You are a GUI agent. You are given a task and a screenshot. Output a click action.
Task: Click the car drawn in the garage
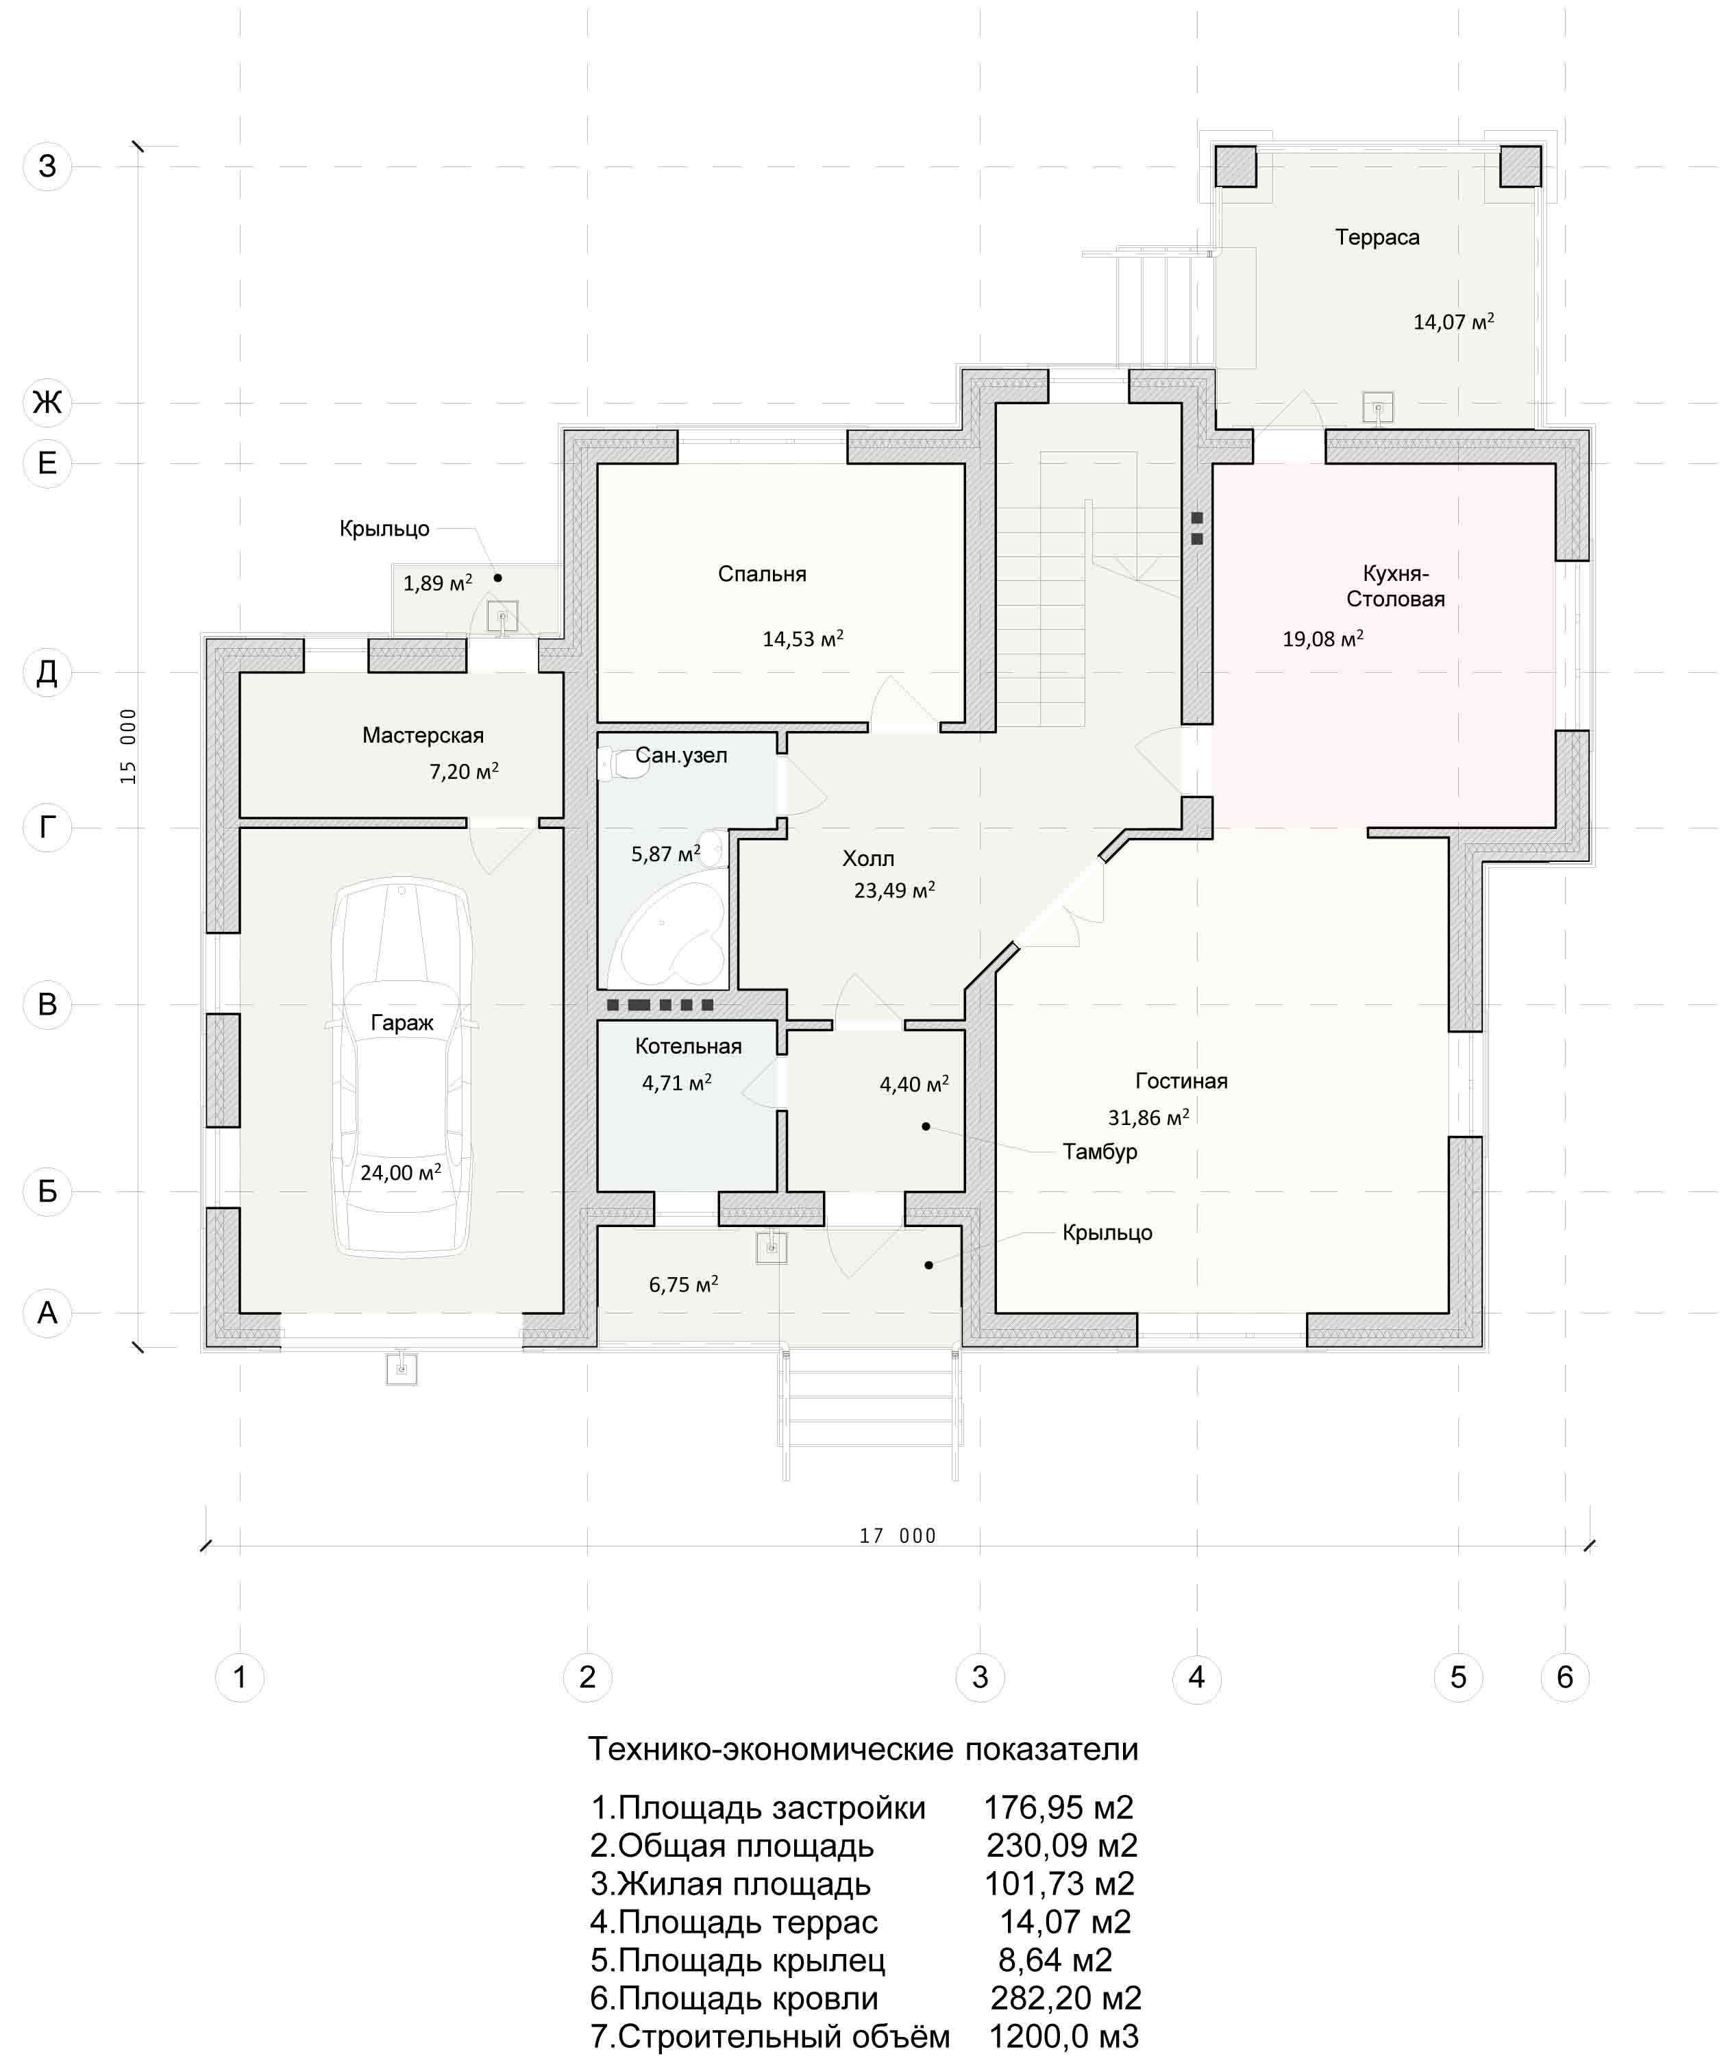pos(402,1067)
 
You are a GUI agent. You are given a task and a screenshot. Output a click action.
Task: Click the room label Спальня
pos(762,574)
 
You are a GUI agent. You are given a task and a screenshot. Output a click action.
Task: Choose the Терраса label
pos(1377,238)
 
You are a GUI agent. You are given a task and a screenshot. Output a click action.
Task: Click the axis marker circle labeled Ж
pos(47,402)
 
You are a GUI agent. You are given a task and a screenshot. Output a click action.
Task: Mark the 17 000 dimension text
pos(897,1536)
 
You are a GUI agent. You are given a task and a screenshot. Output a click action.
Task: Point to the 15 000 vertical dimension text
pos(129,746)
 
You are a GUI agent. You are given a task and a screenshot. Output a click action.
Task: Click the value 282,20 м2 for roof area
pos(1065,1997)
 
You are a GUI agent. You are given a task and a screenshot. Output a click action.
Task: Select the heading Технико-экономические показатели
pos(863,1749)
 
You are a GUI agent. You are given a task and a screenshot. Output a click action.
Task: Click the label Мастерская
pos(423,736)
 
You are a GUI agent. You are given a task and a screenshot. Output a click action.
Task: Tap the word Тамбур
pos(1100,1152)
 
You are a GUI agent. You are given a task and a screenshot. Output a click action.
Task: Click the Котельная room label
pos(689,1046)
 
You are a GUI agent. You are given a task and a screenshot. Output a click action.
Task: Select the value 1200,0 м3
pos(1063,2036)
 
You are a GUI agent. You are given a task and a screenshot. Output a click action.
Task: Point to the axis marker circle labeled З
pos(47,166)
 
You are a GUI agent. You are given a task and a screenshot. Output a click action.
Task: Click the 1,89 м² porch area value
pos(438,583)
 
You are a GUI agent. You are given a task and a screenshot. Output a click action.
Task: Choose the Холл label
pos(868,858)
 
